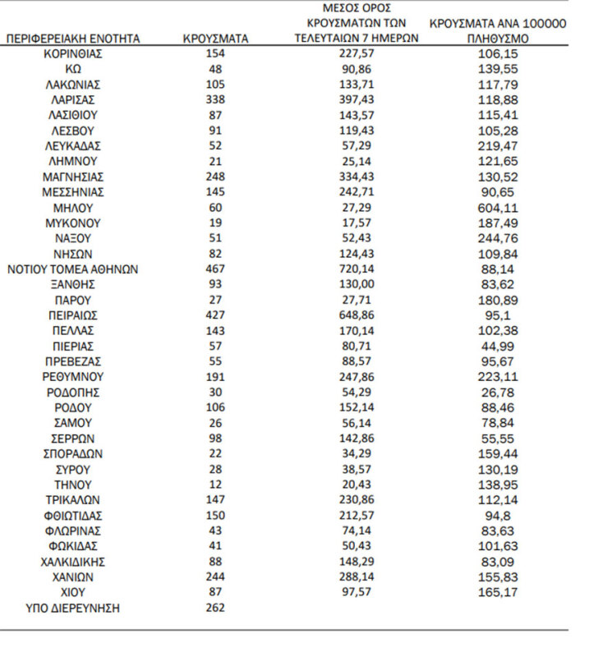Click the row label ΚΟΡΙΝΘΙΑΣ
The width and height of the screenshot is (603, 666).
pos(73,53)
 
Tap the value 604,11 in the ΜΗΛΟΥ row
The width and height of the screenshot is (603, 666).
pos(497,207)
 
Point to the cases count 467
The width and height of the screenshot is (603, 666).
pos(215,269)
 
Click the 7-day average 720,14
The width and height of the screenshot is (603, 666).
pos(356,269)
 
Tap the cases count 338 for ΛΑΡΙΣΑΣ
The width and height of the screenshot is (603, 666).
pos(215,99)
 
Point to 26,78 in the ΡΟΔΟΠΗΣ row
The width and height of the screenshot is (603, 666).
pos(497,392)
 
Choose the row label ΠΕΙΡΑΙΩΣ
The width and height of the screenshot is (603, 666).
pos(73,315)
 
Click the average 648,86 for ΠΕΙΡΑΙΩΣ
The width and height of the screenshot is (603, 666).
pos(356,315)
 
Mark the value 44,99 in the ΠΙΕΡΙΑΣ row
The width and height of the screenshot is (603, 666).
pos(497,346)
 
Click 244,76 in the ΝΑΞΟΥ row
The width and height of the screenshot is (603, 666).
pos(497,238)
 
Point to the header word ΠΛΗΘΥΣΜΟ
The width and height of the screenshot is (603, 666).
pos(497,39)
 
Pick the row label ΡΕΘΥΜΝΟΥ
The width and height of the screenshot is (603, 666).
pos(73,376)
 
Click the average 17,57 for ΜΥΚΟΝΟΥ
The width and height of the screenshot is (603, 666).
pos(356,223)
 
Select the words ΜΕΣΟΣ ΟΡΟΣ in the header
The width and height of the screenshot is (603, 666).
pos(356,8)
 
